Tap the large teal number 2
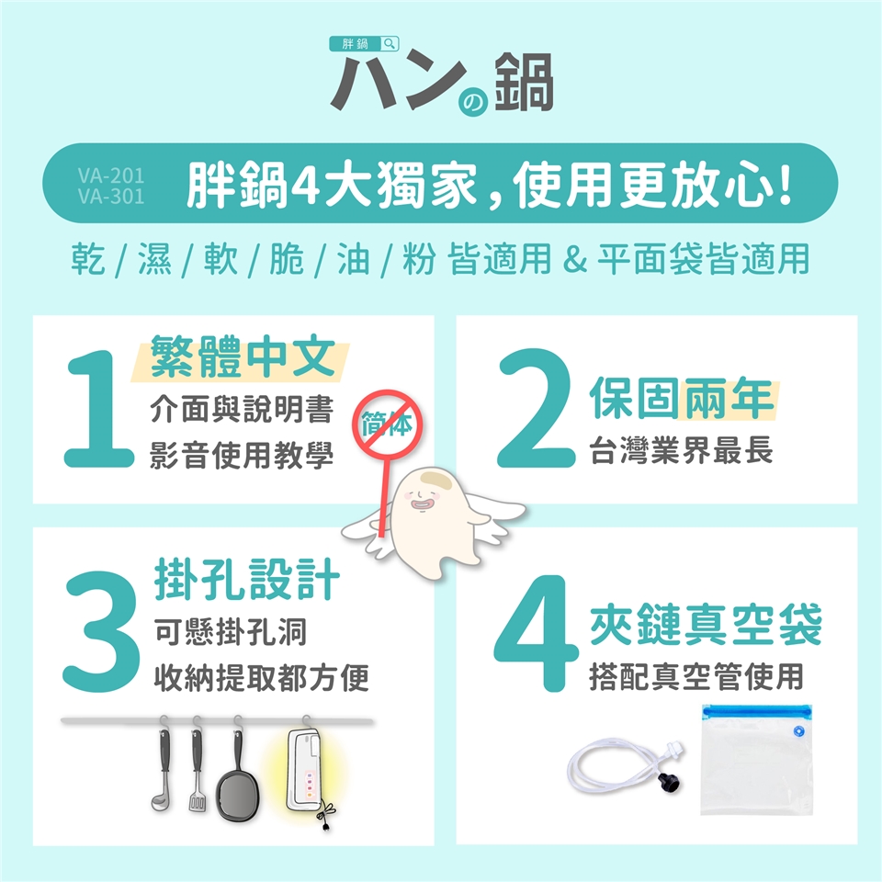click(x=536, y=408)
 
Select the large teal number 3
click(x=101, y=631)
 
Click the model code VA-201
click(x=111, y=176)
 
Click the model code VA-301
click(x=111, y=197)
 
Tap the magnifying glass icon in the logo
click(x=390, y=43)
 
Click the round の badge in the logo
click(x=473, y=102)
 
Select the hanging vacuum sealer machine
click(x=307, y=772)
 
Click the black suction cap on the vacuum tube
click(x=670, y=783)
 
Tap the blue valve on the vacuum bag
click(x=797, y=731)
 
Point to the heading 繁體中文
click(x=243, y=356)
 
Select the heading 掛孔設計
click(x=247, y=579)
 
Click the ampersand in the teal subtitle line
click(x=574, y=259)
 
